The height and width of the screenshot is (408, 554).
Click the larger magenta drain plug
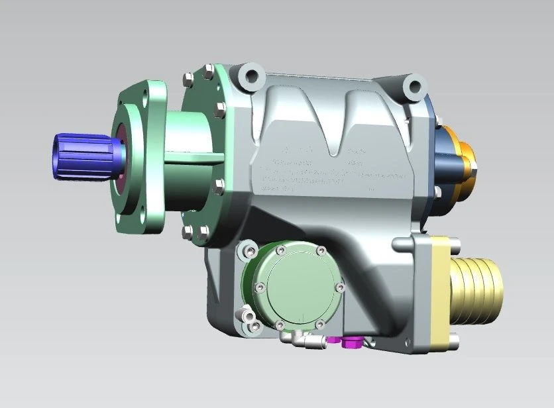pos(350,342)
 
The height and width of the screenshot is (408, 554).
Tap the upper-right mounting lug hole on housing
pos(415,85)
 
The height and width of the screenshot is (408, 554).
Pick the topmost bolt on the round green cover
pos(282,250)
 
